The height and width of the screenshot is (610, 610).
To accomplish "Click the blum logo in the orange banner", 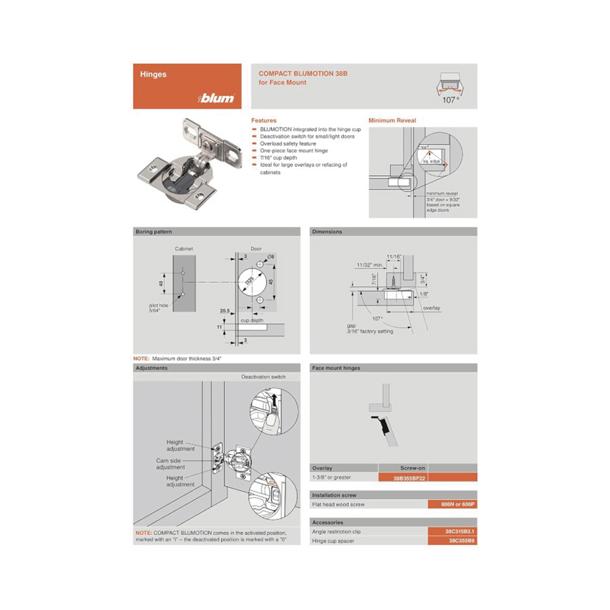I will tap(217, 98).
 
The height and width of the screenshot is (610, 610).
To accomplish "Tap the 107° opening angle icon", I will tap(451, 88).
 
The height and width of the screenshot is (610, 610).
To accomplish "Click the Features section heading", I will tap(264, 121).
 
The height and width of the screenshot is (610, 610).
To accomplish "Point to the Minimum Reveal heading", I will tap(392, 121).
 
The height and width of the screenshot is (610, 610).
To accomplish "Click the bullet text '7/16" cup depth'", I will tap(279, 158).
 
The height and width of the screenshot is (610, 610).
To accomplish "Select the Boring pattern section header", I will tap(153, 232).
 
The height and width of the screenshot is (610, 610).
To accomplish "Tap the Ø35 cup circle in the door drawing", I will tap(251, 282).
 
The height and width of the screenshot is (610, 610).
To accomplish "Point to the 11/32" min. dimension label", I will tap(370, 265).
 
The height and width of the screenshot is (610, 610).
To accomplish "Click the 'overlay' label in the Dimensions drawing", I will tap(431, 308).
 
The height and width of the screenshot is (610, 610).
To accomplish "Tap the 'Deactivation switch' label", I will tap(263, 377).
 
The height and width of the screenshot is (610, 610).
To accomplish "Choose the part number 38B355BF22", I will tap(409, 478).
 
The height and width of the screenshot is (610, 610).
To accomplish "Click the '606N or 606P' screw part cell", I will tap(452, 504).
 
